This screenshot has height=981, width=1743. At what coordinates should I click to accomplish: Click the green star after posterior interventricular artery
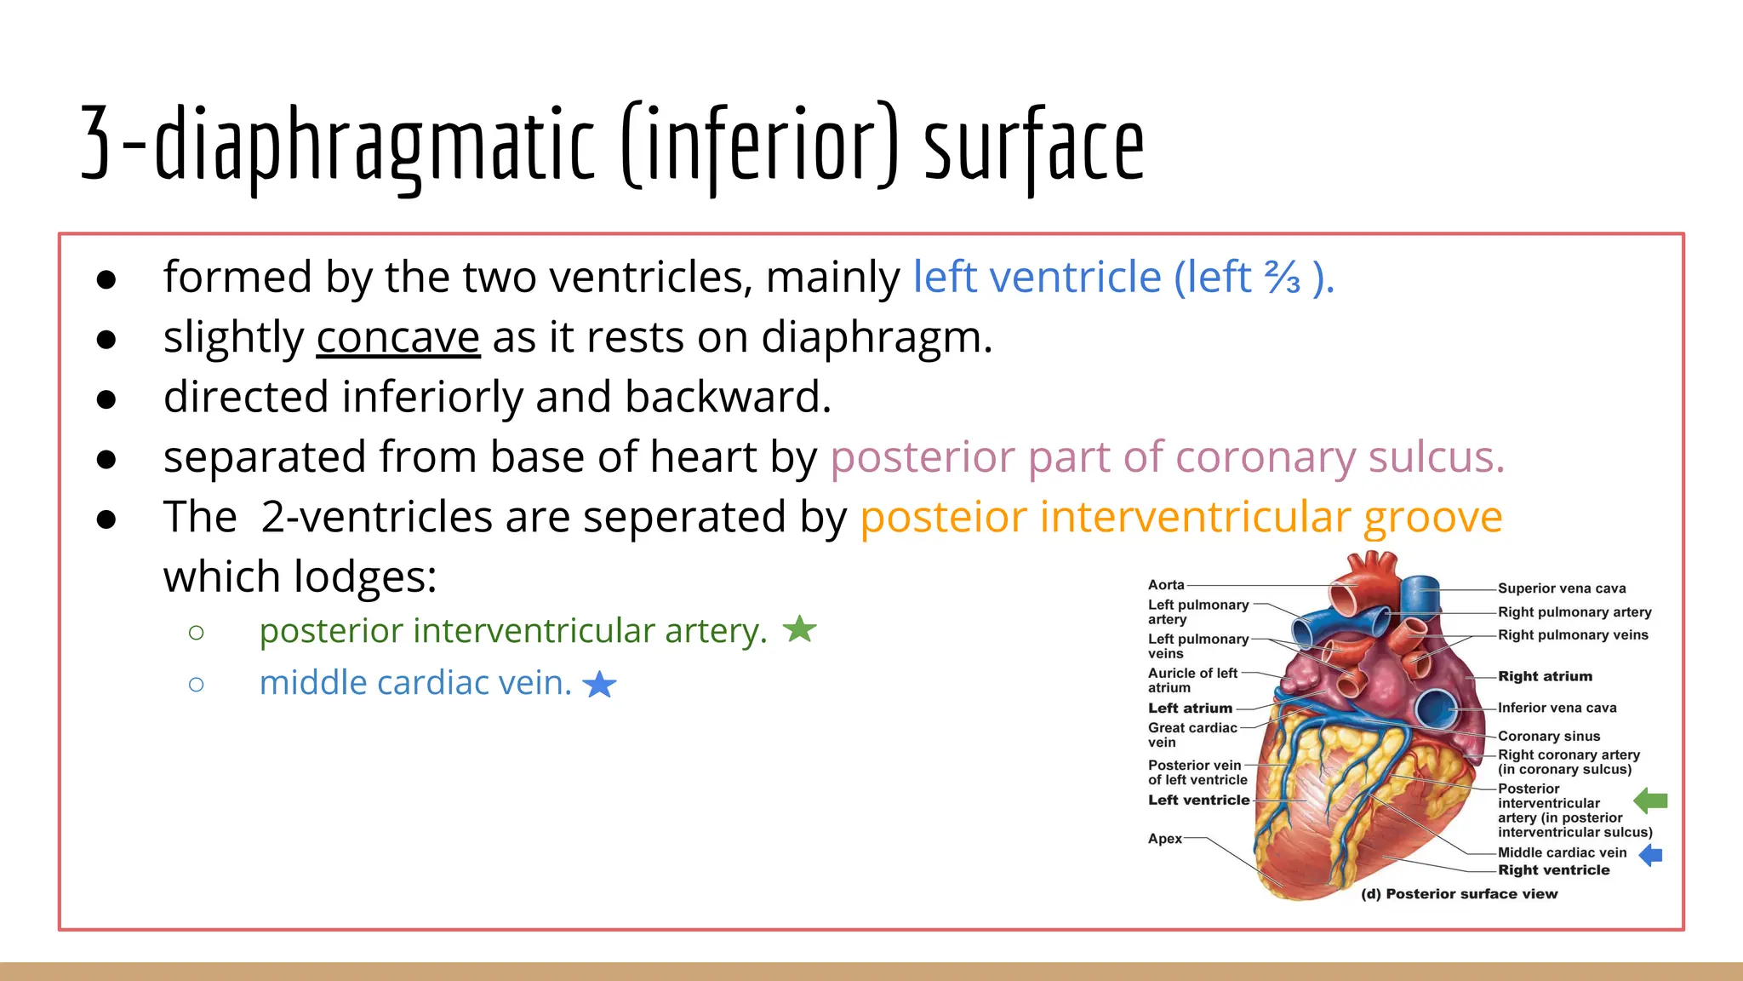click(799, 629)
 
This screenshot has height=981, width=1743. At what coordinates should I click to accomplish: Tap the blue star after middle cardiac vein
click(600, 684)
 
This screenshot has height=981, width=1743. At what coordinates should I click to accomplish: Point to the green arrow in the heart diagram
click(1651, 800)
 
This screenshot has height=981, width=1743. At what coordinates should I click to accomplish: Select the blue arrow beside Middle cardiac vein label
click(1651, 855)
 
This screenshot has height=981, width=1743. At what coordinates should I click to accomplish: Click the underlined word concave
click(398, 338)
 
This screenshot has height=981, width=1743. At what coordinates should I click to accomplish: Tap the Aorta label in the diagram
click(1166, 585)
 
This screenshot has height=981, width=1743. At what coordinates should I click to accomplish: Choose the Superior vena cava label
click(1562, 588)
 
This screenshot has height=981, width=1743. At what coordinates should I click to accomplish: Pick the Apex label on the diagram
click(1164, 839)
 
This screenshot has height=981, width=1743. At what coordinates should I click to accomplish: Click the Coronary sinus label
click(1549, 736)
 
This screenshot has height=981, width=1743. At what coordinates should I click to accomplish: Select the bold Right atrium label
click(1545, 676)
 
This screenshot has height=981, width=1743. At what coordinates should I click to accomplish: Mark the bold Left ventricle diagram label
click(1198, 800)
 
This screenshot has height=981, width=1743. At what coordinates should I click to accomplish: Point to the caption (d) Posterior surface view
click(1460, 894)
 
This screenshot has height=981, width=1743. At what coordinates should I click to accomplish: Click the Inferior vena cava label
click(1557, 708)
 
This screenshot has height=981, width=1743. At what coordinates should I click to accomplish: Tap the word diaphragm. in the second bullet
click(877, 338)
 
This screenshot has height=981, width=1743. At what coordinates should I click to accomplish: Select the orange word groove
click(1433, 518)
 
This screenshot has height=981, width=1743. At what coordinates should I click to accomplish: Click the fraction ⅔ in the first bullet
click(1282, 278)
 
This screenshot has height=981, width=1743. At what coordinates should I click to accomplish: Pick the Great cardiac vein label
click(1192, 735)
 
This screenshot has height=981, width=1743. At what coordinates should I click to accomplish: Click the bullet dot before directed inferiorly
click(106, 399)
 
